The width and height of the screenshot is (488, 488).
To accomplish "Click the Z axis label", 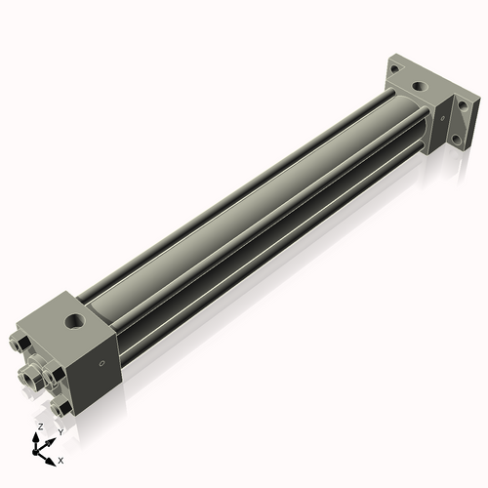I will pos(39,427).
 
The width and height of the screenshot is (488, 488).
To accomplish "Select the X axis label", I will pos(61,459).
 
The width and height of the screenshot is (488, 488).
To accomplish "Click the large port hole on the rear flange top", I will pos(421,88).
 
